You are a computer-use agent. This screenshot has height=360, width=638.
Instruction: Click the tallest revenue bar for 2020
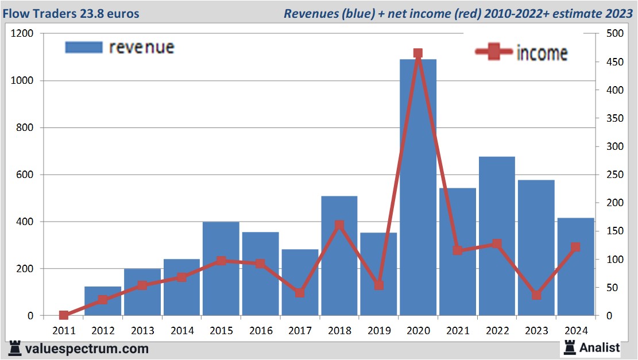418,189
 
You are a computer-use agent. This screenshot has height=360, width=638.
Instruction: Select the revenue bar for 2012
103,301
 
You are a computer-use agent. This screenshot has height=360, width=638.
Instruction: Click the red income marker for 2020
418,53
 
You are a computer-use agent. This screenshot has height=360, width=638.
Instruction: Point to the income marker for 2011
64,315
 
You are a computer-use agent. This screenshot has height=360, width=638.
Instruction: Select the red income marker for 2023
536,295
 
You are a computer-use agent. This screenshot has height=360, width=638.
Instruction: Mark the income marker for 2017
300,293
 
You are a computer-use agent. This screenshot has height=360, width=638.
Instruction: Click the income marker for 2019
378,285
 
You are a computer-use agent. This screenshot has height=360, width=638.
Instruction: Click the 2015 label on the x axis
221,331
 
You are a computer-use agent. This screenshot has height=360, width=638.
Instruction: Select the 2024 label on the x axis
576,331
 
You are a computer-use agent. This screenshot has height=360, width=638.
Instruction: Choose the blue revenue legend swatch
83,47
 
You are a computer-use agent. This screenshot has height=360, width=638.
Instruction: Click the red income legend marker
494,52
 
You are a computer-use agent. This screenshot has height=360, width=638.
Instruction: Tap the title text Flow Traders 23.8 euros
73,13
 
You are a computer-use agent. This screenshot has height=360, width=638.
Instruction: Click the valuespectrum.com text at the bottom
86,349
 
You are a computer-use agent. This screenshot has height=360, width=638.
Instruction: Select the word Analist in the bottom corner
600,347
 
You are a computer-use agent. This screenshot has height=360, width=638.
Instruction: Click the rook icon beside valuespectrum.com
16,348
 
